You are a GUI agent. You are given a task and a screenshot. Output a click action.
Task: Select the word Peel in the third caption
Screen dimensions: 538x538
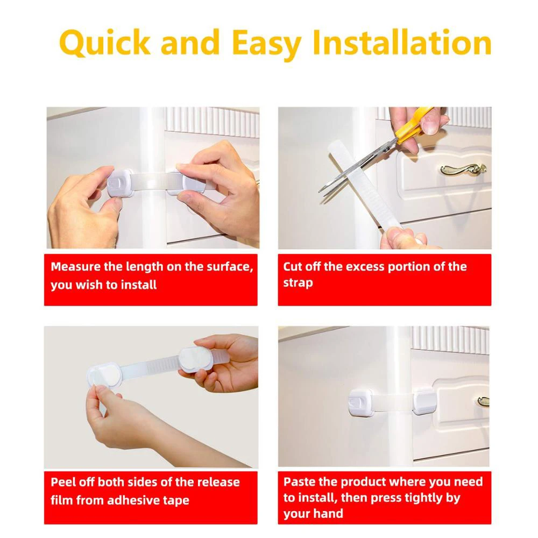63,482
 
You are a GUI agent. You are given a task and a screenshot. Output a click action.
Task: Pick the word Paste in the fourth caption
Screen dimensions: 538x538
299,482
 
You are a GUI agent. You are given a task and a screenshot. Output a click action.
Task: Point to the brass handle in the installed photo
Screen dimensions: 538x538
483,401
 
